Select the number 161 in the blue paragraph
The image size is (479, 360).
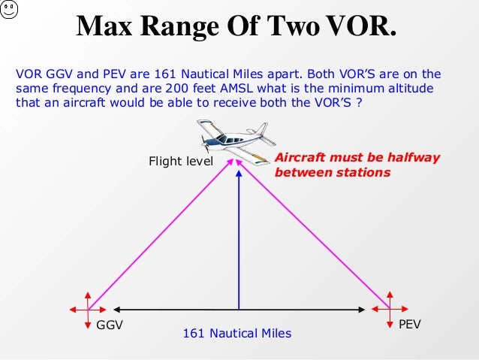tap(167, 74)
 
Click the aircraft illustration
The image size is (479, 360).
tap(233, 141)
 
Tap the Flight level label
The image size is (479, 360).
tap(181, 161)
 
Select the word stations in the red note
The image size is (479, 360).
tap(365, 173)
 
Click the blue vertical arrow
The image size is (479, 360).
tap(239, 241)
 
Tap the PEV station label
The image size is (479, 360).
tap(410, 325)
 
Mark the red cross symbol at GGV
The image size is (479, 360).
tap(88, 309)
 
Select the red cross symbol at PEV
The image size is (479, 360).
tap(390, 308)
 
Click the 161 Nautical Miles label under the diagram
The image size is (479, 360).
tap(237, 333)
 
